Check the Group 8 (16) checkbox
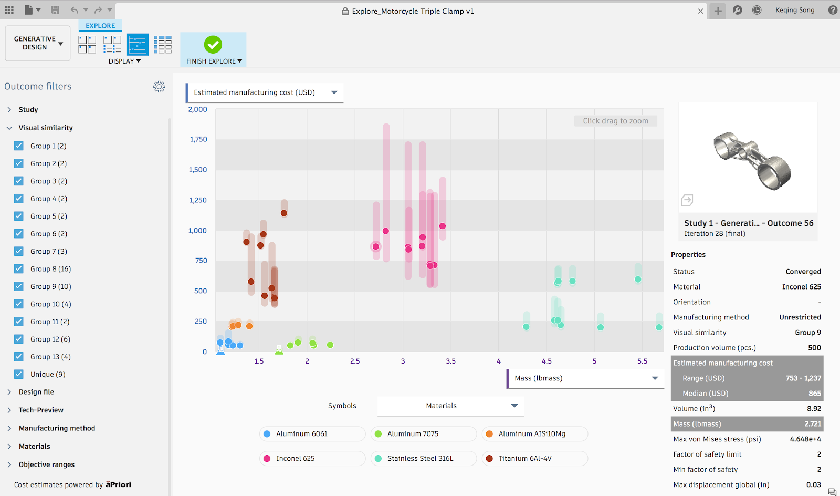pyautogui.click(x=19, y=268)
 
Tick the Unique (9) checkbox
pyautogui.click(x=19, y=374)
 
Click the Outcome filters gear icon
pyautogui.click(x=159, y=87)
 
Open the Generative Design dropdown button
pyautogui.click(x=38, y=43)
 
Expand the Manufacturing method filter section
pyautogui.click(x=57, y=428)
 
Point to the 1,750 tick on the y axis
pyautogui.click(x=198, y=139)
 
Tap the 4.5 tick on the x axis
pyautogui.click(x=547, y=361)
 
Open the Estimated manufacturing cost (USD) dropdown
pyautogui.click(x=265, y=92)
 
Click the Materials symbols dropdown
pyautogui.click(x=450, y=406)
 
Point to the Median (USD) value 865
pyautogui.click(x=814, y=393)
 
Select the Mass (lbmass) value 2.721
pyautogui.click(x=812, y=423)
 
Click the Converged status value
pyautogui.click(x=803, y=272)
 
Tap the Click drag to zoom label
pyautogui.click(x=615, y=121)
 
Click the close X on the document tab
pyautogui.click(x=700, y=11)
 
